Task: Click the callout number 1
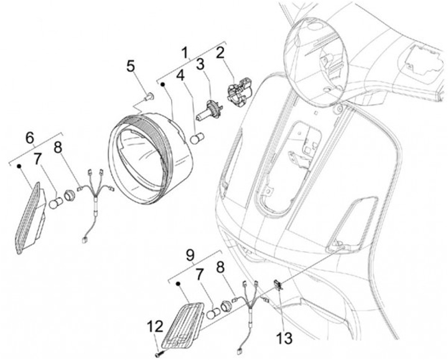pyautogui.click(x=185, y=50)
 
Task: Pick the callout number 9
pyautogui.click(x=192, y=254)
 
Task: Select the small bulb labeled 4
pyautogui.click(x=197, y=137)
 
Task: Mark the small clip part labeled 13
pyautogui.click(x=279, y=286)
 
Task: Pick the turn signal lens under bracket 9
pyautogui.click(x=184, y=323)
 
